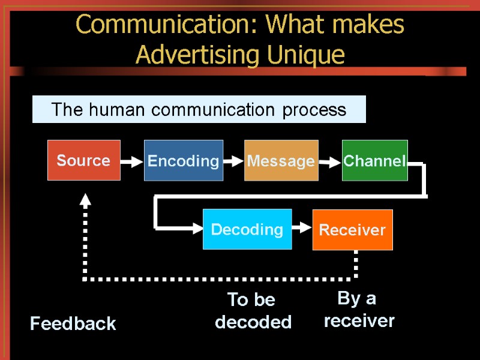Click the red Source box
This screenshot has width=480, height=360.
(84, 160)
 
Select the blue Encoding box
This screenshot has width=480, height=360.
(184, 160)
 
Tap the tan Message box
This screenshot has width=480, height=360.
(281, 160)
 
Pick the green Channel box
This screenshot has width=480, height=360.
(374, 160)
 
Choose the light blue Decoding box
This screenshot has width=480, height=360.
(247, 229)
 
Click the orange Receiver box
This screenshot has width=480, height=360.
(352, 230)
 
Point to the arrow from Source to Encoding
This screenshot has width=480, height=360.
(132, 161)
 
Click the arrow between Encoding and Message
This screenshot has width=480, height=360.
(233, 161)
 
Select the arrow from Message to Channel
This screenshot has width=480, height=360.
(329, 161)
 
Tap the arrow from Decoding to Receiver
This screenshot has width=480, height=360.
(302, 229)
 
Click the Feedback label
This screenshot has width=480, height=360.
(73, 324)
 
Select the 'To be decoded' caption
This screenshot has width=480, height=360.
(253, 311)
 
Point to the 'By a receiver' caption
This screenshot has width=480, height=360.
(359, 310)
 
